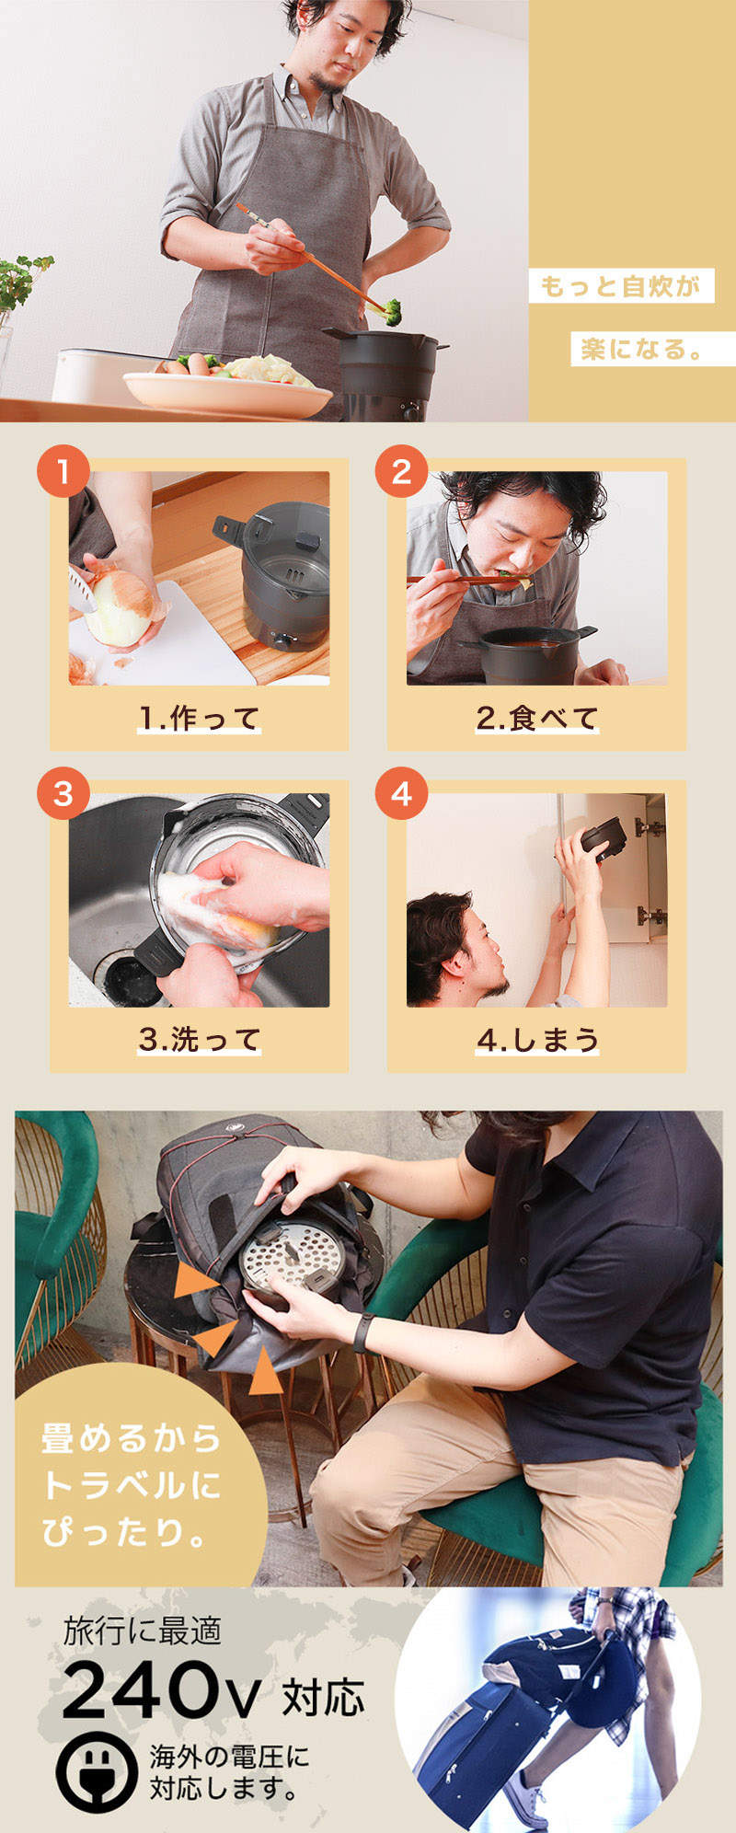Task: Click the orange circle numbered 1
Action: tap(63, 472)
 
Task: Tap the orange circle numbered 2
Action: tap(401, 472)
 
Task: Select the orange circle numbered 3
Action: tap(63, 793)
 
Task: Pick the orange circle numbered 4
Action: tap(401, 793)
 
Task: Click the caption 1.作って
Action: tap(199, 718)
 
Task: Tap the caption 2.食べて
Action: tap(536, 718)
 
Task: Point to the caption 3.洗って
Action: tap(199, 1039)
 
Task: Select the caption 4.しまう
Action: tap(536, 1039)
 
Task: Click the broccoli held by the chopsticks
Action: tap(392, 311)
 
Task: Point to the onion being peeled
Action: tap(120, 608)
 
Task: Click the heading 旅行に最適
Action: tap(142, 1631)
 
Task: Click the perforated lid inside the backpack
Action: tap(291, 1257)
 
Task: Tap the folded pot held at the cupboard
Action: tap(604, 838)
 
